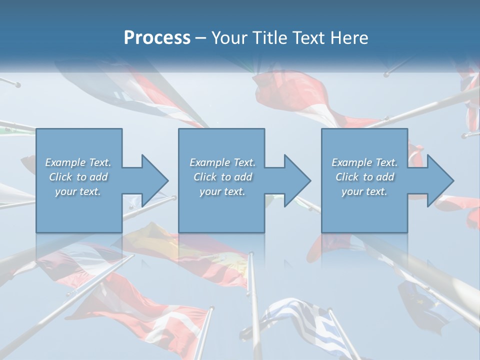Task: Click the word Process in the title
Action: tap(157, 38)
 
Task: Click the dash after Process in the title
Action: tap(201, 38)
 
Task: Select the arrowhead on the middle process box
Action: tap(296, 180)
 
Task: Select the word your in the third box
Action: tap(352, 191)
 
